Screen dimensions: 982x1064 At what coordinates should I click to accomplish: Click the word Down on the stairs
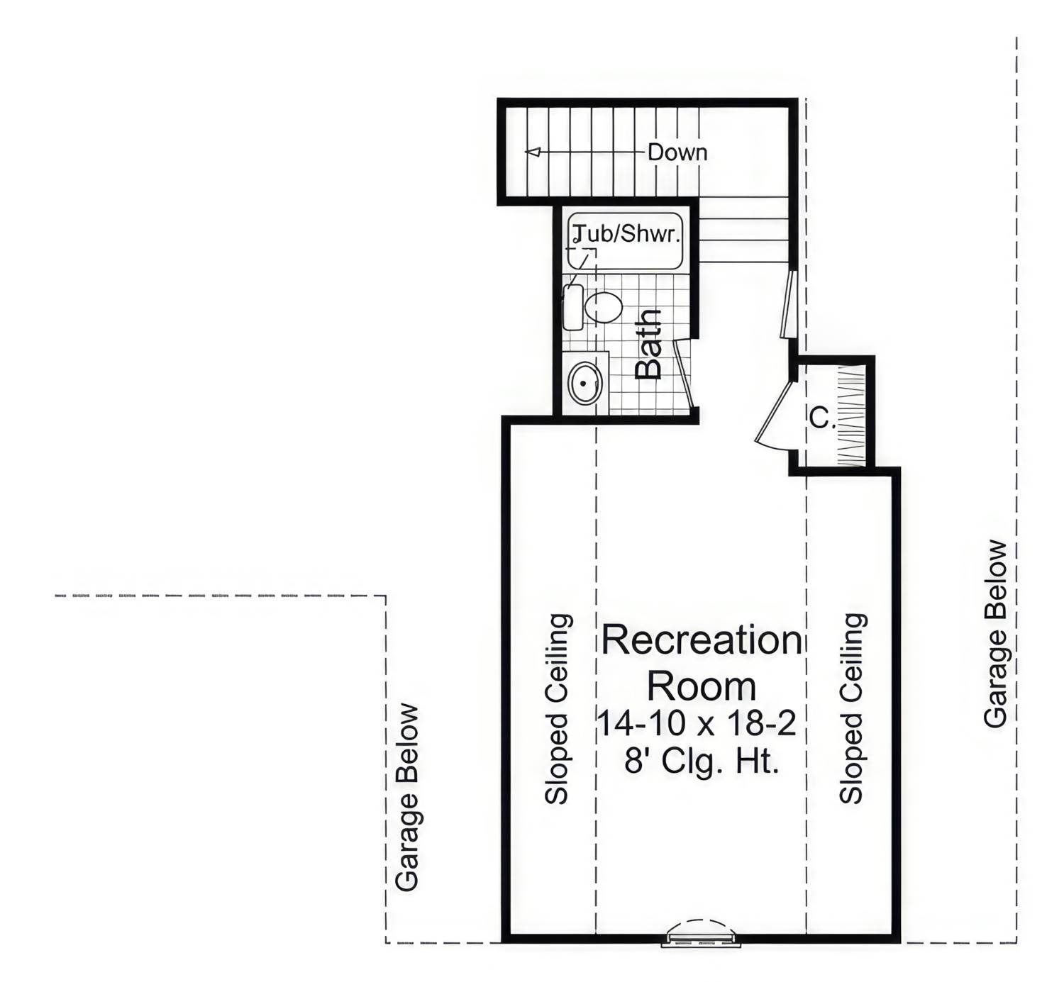[x=677, y=152]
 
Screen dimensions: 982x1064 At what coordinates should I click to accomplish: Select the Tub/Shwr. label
[x=627, y=233]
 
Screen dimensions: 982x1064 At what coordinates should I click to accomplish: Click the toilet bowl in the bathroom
[x=604, y=307]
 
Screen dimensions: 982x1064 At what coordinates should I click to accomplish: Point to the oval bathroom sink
[x=585, y=383]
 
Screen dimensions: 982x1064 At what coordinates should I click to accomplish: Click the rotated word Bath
[x=648, y=344]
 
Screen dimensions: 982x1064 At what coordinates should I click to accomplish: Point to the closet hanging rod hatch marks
[x=851, y=415]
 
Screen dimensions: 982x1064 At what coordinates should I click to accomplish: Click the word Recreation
[x=702, y=640]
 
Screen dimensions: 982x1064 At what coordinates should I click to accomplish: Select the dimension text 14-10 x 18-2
[x=697, y=724]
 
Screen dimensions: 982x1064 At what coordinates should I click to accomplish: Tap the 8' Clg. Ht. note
[x=702, y=761]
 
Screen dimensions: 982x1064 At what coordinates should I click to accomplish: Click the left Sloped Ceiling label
[x=557, y=708]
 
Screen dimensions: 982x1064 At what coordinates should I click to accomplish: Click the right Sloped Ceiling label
[x=852, y=708]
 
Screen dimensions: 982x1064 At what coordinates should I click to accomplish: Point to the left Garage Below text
[x=408, y=797]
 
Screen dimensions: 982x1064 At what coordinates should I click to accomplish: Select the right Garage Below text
[x=996, y=634]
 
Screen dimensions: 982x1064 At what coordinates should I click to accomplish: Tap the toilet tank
[x=573, y=307]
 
